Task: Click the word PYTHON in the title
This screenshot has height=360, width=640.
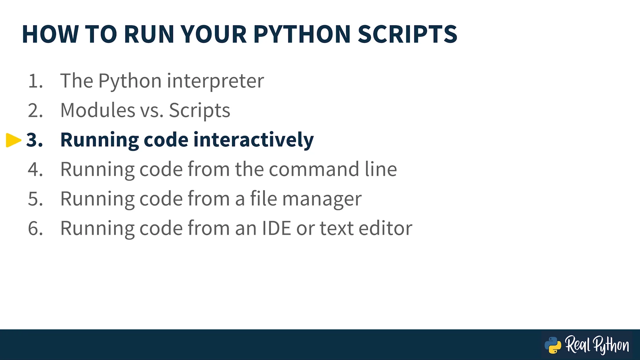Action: (x=302, y=34)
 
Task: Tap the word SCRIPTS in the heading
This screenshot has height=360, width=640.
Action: (x=407, y=34)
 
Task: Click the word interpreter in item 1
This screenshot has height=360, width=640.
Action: (x=215, y=81)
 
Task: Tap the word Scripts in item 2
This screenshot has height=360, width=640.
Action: (x=199, y=111)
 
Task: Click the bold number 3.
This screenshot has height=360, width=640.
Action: (x=35, y=140)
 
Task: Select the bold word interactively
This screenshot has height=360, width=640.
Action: (x=254, y=140)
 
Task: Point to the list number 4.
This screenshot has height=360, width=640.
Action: (x=35, y=169)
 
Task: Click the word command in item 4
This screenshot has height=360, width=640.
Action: (x=314, y=169)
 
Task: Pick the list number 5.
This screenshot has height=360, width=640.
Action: (x=35, y=199)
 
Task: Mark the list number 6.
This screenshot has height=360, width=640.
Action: (x=35, y=228)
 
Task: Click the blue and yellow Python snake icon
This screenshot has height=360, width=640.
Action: (x=553, y=345)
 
